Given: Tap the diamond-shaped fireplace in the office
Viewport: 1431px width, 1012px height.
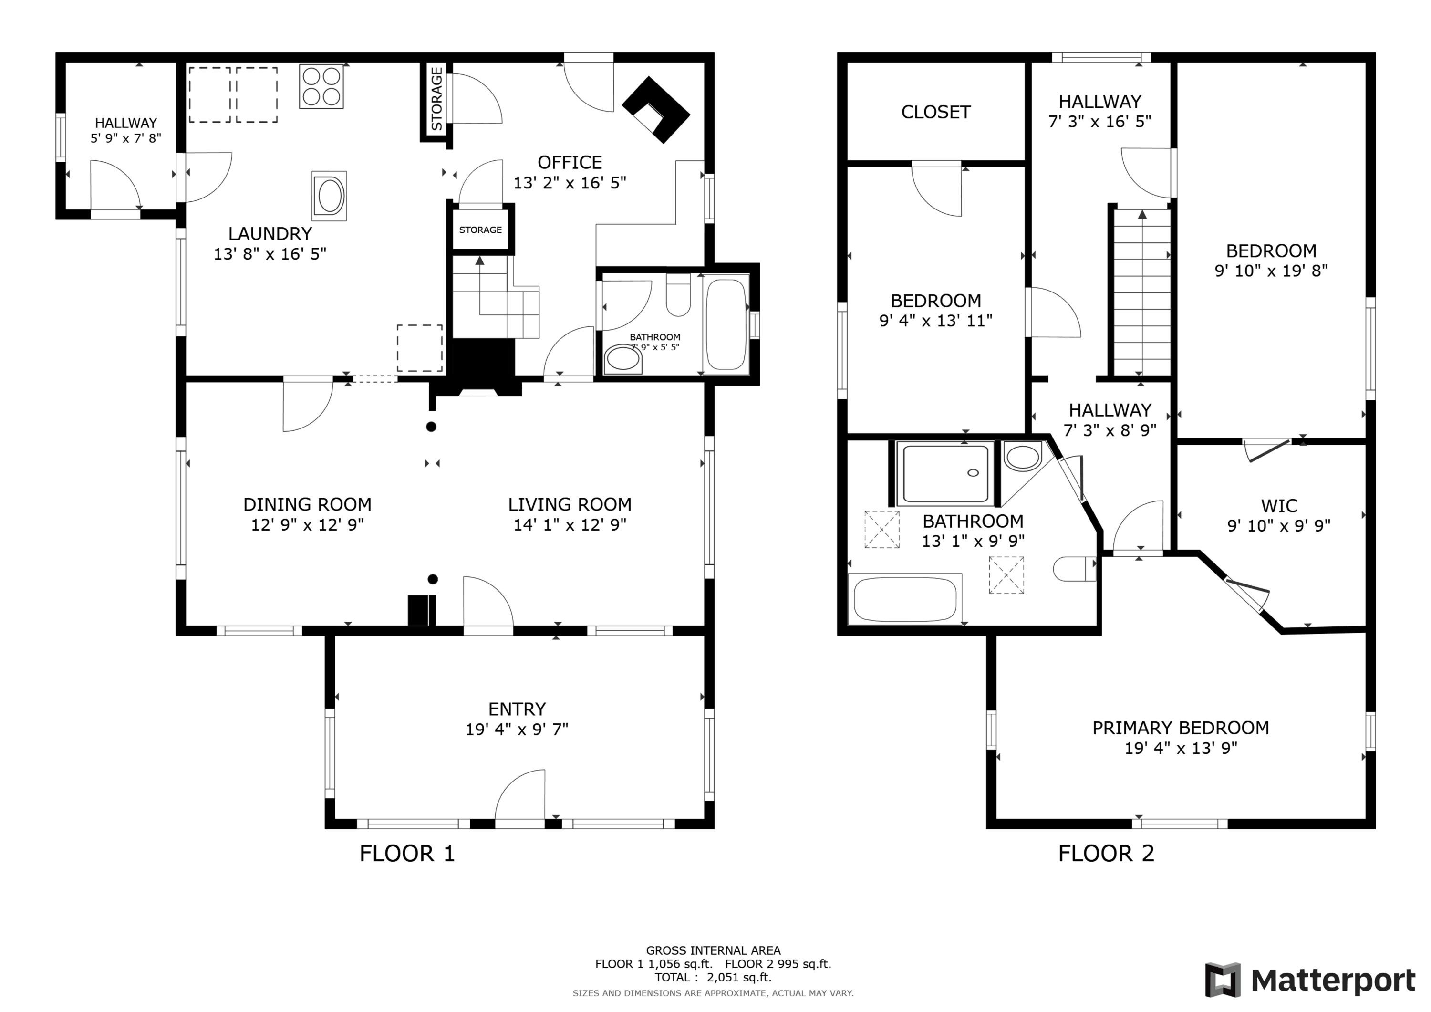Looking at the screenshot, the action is coord(656,110).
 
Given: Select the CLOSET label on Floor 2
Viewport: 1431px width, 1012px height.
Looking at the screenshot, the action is coord(935,112).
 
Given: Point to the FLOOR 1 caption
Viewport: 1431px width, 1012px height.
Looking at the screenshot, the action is coord(408,854).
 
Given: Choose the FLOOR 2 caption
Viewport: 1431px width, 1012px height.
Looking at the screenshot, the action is coord(1106,854).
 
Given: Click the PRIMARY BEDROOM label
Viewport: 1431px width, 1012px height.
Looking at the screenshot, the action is coord(1181,728).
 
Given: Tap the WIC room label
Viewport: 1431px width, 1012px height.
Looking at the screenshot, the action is coord(1279,506).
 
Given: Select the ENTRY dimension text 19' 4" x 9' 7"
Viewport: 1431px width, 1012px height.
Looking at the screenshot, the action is coord(517,730).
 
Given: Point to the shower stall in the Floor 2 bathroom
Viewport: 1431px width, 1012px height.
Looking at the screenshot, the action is coord(945,473).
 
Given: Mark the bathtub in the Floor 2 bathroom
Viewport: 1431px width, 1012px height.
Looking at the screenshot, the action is coord(905,599).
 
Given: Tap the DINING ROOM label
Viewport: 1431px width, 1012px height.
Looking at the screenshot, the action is coord(307,504).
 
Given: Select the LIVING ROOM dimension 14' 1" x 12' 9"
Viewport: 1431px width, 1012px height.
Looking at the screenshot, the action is coord(570,525).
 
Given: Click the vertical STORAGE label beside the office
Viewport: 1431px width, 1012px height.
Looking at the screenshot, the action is coord(437,99).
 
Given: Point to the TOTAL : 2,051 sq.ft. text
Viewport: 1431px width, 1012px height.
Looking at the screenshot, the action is coord(713,977).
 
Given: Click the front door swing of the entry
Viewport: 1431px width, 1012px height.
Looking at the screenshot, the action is coord(520,798).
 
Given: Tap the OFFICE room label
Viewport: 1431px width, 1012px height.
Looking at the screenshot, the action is coord(570,163).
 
